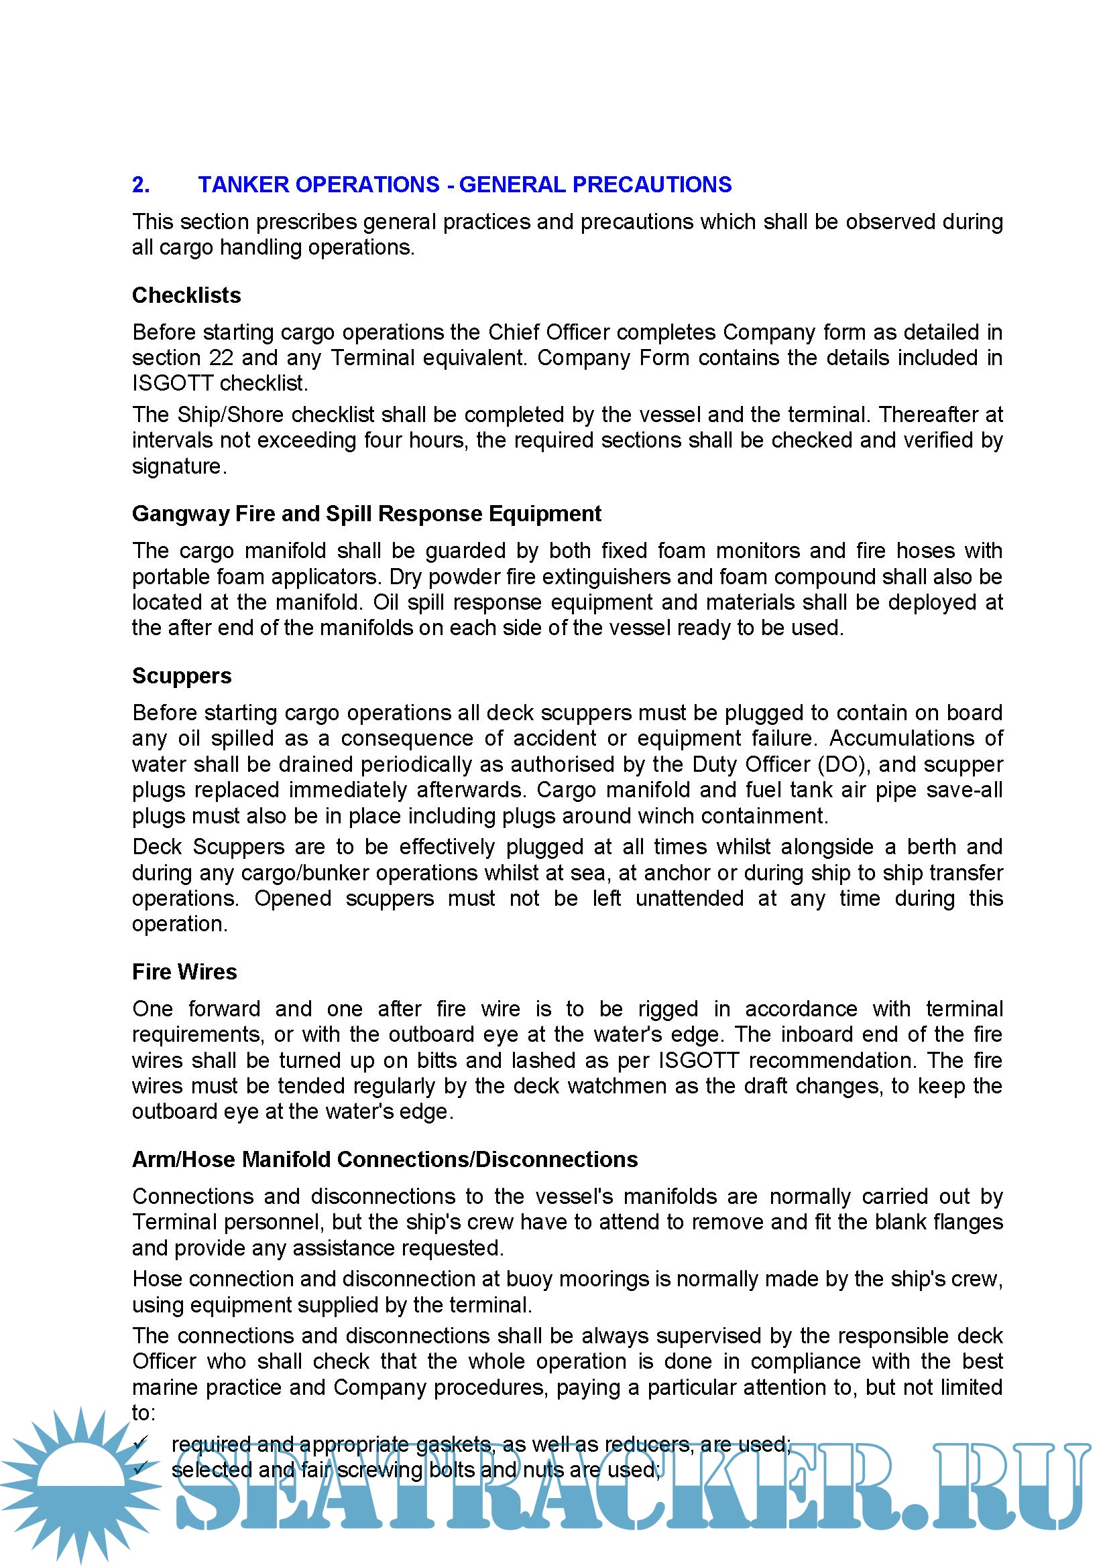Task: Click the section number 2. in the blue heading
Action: (141, 185)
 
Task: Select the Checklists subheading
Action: (186, 295)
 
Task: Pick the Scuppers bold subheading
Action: (182, 677)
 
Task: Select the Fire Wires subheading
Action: (184, 973)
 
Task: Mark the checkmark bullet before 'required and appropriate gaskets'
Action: (141, 1444)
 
